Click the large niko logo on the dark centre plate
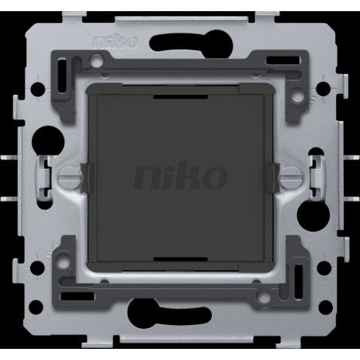pyautogui.click(x=181, y=175)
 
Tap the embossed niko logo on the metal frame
pyautogui.click(x=115, y=41)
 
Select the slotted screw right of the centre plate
pyautogui.click(x=291, y=176)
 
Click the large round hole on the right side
pyautogui.click(x=313, y=215)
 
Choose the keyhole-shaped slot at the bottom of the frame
pyautogui.click(x=170, y=312)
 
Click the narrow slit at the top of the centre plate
pyautogui.click(x=181, y=97)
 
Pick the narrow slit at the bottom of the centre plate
pyautogui.click(x=181, y=260)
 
